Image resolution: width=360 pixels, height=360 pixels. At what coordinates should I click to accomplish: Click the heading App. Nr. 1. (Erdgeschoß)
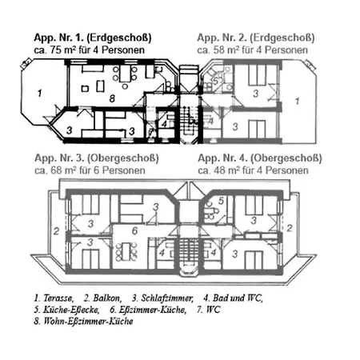coord(93,38)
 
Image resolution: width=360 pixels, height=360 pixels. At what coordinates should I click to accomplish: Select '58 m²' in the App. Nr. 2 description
coord(225,50)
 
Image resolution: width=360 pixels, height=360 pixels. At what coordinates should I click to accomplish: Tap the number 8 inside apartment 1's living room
coord(112,98)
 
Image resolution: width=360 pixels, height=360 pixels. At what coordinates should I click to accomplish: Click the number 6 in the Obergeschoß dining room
coord(135,230)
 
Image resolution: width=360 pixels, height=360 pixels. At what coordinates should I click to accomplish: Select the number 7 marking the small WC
coord(151,132)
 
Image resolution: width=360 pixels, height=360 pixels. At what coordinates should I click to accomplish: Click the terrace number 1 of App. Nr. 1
coord(40,94)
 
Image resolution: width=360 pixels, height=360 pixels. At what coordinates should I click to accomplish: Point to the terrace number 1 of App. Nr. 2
coord(297,101)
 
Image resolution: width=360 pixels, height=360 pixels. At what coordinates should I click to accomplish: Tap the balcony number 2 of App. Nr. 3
coord(56,231)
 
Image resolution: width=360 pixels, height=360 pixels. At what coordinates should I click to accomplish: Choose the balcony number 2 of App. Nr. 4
coord(290,228)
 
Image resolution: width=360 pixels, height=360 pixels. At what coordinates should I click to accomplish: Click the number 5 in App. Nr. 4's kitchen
coord(221,201)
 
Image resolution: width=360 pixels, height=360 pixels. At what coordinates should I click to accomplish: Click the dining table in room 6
coord(126,251)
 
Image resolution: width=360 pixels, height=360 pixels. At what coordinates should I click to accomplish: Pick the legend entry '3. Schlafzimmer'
coord(162,298)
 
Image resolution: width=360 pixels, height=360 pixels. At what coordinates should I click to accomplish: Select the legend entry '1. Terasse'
coord(54,298)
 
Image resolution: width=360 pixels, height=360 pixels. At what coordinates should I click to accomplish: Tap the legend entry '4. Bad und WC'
coord(233,298)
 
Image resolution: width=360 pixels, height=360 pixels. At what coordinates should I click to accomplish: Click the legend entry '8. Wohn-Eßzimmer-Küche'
coord(83,321)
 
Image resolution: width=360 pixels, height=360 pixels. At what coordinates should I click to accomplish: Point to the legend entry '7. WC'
coord(209,310)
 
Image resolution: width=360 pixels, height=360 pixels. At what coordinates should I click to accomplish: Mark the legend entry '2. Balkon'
coord(102,298)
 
